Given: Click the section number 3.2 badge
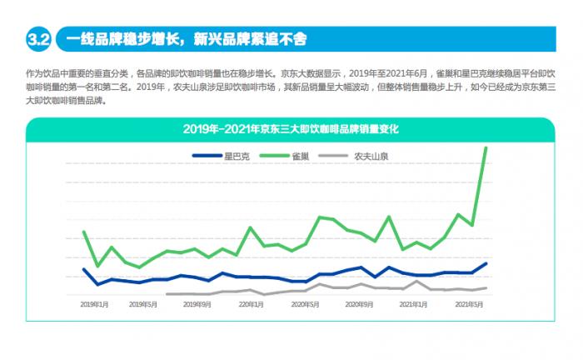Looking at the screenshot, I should click(x=39, y=38).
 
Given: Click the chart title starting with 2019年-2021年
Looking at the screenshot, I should click(x=291, y=128).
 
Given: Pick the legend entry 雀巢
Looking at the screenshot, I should click(x=301, y=156).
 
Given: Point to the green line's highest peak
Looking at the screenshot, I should click(x=486, y=147).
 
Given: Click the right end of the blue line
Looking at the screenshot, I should click(x=486, y=263).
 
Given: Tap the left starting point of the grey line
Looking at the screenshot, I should click(x=167, y=294).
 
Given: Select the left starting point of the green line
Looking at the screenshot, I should click(x=83, y=232).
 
